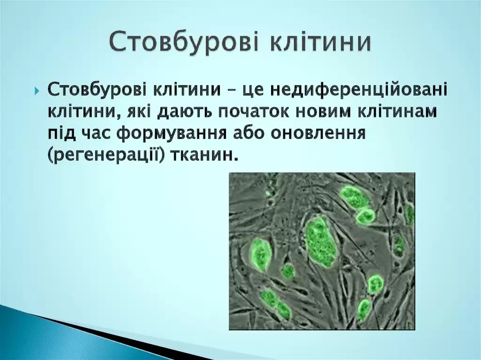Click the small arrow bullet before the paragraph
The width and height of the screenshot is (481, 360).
[37, 91]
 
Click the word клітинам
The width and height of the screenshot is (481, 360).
[396, 112]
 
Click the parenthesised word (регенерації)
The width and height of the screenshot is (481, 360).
[106, 155]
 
